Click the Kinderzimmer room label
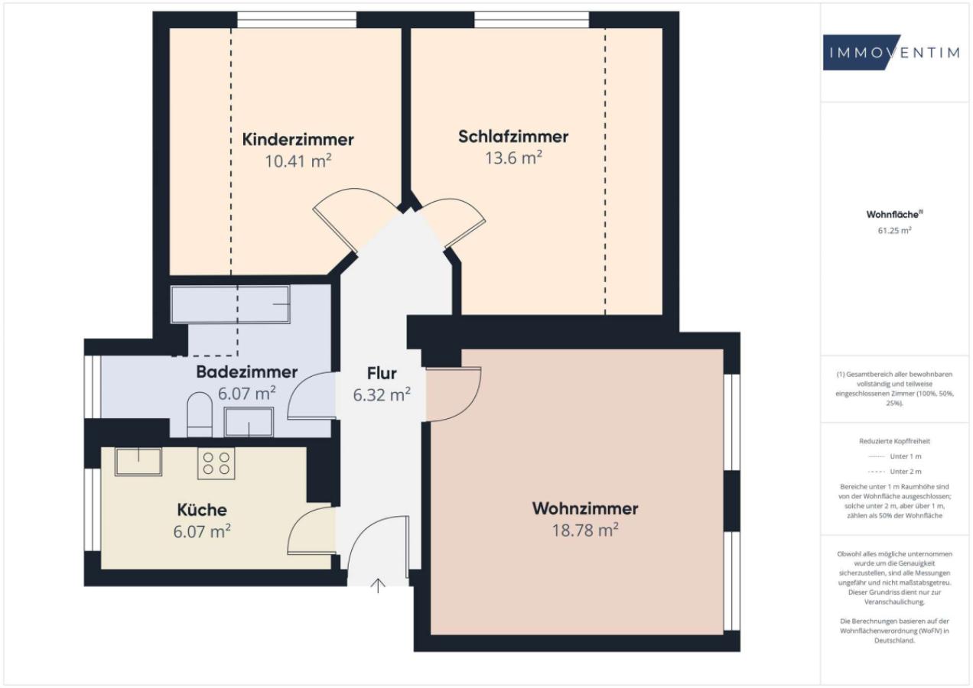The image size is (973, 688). (298, 140)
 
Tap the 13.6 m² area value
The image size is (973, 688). (513, 157)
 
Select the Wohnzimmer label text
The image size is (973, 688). (584, 508)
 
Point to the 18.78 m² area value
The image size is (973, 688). (584, 530)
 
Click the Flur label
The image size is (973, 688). (381, 374)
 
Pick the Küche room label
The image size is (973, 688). (202, 510)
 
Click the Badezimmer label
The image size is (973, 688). (246, 372)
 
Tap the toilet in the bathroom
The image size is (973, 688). (200, 413)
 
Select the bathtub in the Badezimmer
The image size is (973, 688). (230, 305)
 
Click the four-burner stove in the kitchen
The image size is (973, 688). (216, 462)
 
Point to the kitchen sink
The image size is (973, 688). (138, 462)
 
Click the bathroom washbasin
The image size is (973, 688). (249, 421)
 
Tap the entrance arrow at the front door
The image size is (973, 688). (378, 586)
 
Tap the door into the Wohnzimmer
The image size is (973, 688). (454, 394)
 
